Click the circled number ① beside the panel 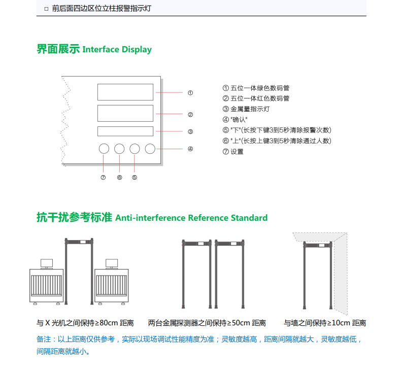[190, 93]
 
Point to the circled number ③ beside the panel [190, 131]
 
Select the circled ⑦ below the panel [103, 177]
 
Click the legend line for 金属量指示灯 [246, 109]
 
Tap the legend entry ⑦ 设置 [233, 152]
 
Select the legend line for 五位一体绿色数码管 [256, 88]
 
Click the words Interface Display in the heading [117, 49]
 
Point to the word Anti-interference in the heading [150, 218]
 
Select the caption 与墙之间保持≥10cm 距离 [325, 323]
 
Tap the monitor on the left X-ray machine [47, 263]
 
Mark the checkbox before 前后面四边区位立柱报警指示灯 [46, 9]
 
